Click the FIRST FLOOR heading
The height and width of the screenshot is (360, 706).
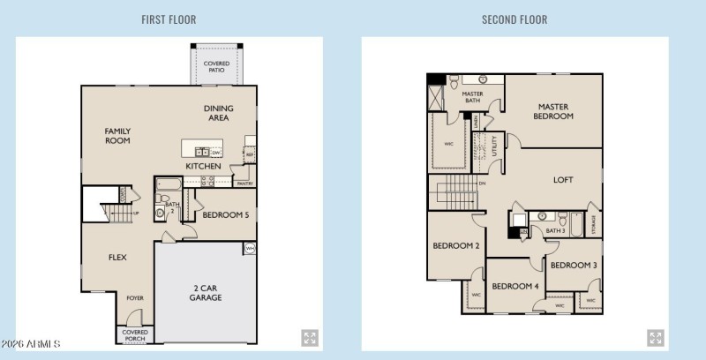click(169, 19)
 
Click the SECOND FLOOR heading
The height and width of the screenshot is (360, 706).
click(514, 19)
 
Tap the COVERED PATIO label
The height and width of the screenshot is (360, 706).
click(216, 67)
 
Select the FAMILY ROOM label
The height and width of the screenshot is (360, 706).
click(117, 135)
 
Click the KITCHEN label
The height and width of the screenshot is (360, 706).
click(203, 166)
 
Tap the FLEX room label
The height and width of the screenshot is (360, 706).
click(117, 259)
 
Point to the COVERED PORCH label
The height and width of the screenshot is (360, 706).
click(135, 334)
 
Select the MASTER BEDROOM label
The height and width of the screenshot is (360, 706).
click(554, 111)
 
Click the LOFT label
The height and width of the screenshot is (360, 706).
click(563, 180)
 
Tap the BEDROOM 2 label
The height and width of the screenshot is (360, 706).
click(455, 246)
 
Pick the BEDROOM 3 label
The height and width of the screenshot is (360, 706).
click(574, 265)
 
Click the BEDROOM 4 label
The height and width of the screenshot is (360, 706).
click(515, 286)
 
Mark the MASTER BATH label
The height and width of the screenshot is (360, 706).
click(472, 98)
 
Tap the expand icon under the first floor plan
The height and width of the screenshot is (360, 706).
click(310, 338)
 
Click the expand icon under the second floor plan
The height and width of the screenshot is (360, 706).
click(656, 338)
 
